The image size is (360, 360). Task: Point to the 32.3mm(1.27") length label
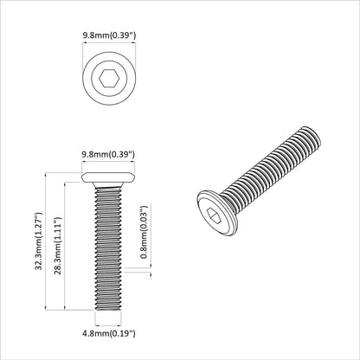click(x=37, y=242)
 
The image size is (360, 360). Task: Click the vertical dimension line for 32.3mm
click(x=46, y=242)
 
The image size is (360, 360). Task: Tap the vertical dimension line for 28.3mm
click(x=66, y=247)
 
